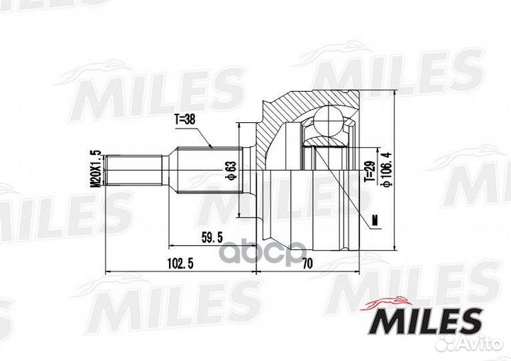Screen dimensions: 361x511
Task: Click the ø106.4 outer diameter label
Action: [x=387, y=170]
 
